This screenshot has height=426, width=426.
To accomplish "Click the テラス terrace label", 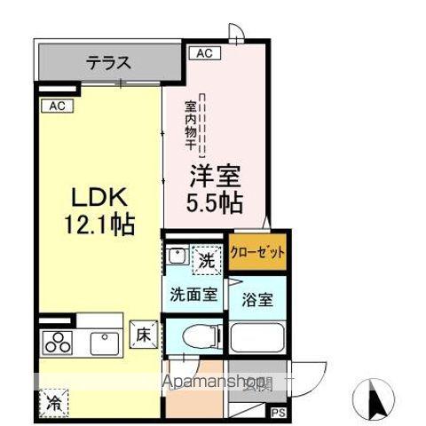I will [109, 63].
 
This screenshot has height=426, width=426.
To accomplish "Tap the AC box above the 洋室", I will [204, 53].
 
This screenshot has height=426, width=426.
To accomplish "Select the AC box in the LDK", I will [55, 106].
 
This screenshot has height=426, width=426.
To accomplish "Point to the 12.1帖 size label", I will [98, 225].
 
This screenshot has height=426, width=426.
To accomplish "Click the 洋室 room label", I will [214, 176].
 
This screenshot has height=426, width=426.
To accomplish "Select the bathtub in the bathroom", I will [256, 338].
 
